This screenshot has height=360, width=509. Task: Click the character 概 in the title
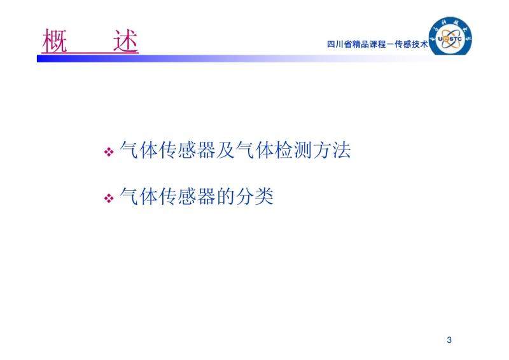55,41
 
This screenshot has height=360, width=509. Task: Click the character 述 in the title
125,41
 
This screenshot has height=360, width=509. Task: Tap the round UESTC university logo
450,36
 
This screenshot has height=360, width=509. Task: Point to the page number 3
449,340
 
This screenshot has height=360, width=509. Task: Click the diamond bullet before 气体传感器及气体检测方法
109,151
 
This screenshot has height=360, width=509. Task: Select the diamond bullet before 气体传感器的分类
109,198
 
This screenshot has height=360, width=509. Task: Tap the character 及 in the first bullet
226,150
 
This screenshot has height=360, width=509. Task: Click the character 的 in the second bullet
226,197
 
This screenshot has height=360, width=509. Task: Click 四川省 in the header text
340,44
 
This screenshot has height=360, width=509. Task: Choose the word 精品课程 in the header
369,44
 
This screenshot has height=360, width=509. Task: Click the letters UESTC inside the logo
450,39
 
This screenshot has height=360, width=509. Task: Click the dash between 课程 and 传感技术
390,45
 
